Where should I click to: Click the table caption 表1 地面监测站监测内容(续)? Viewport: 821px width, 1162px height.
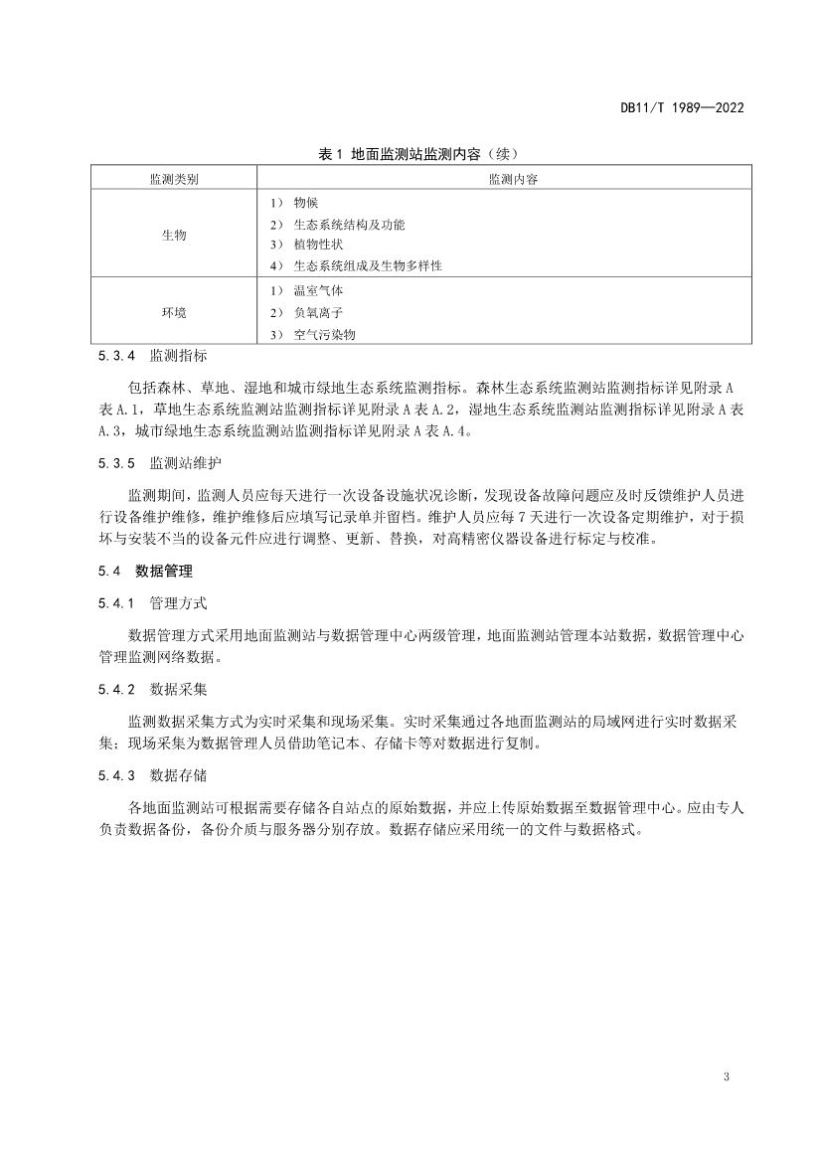point(418,154)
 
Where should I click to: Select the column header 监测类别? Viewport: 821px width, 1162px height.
point(174,179)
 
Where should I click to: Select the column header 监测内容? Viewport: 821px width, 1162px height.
point(505,179)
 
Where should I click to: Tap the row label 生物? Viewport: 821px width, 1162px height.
point(174,235)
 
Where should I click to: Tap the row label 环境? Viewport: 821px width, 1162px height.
point(174,312)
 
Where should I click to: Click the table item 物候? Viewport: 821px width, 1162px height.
point(306,202)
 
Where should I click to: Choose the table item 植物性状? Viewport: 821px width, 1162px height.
point(318,245)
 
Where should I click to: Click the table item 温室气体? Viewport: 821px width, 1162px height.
point(318,291)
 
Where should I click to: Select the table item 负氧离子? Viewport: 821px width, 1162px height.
point(318,312)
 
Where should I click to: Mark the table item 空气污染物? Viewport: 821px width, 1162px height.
point(324,334)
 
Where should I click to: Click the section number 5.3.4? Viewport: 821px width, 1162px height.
point(116,355)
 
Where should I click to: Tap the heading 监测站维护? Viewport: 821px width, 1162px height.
point(185,463)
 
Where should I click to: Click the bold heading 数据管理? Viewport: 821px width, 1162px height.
point(164,572)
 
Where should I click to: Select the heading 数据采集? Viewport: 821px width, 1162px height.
point(178,688)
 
